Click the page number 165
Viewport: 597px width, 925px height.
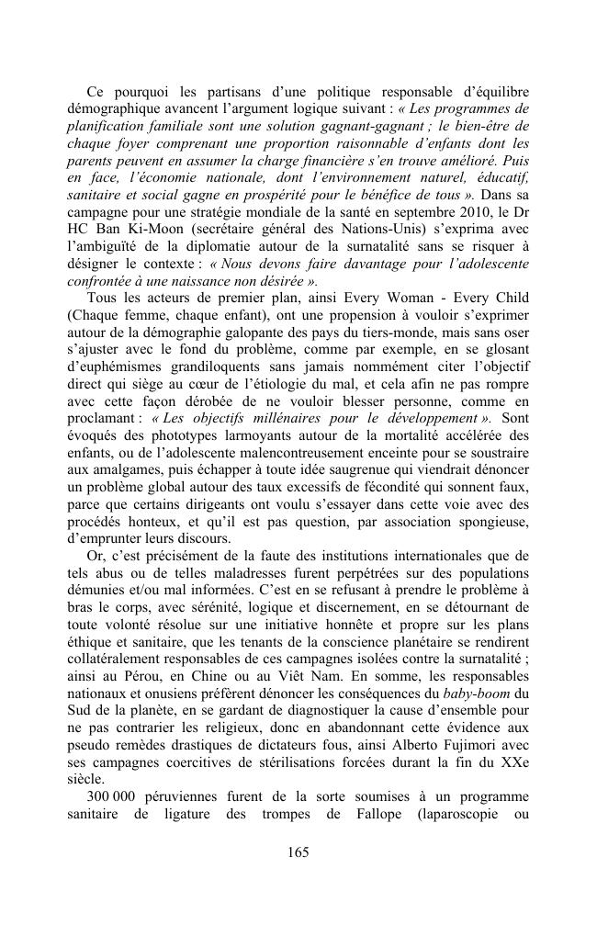point(298,852)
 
